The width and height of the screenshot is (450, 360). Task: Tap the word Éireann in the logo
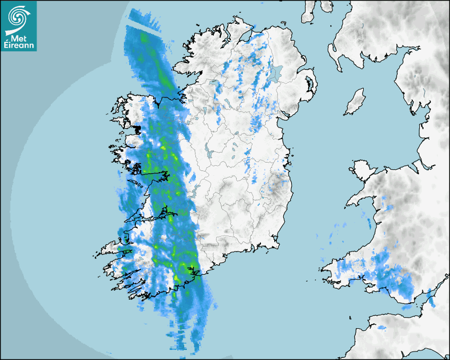(19, 46)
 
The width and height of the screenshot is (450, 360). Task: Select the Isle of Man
(355, 102)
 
